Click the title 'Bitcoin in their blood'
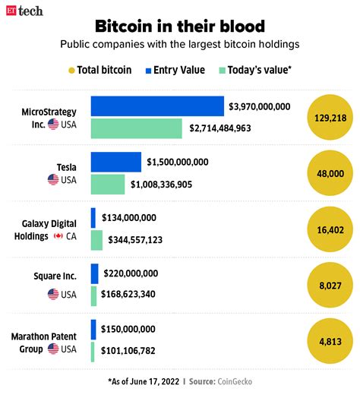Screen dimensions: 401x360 pos(180,26)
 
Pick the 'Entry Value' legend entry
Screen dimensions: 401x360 pos(175,70)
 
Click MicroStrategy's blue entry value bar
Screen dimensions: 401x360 pos(157,106)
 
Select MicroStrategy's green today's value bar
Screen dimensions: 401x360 pos(136,128)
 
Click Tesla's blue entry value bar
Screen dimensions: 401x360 pos(115,162)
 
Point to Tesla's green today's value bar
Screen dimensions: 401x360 pos(107,184)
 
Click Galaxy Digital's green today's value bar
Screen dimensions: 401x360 pos(96,240)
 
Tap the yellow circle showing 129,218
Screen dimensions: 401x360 pos(330,118)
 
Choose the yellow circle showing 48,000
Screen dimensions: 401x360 pos(330,173)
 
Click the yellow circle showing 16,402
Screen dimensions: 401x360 pos(330,229)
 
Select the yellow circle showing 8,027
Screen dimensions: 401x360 pos(330,284)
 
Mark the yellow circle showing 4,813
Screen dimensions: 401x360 pos(330,340)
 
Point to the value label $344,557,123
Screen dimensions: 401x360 pos(145,240)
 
